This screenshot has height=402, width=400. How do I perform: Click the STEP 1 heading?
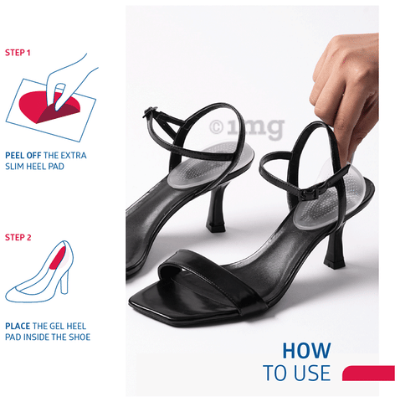coord(18,53)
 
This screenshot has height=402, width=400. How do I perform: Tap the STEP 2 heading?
coord(18,238)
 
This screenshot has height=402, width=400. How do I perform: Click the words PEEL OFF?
coord(23,156)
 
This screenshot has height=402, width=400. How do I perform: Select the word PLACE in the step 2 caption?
coord(18,326)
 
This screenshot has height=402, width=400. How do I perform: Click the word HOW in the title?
coord(306,351)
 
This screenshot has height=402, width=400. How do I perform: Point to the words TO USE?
coord(297,373)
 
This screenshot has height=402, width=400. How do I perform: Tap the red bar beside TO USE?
coord(368,373)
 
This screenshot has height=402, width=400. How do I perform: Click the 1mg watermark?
coord(247,127)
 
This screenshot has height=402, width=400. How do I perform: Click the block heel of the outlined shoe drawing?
coord(64,283)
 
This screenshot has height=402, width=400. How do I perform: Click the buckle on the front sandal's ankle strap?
coord(310,194)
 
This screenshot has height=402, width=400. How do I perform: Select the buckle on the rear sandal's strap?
coord(148,111)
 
